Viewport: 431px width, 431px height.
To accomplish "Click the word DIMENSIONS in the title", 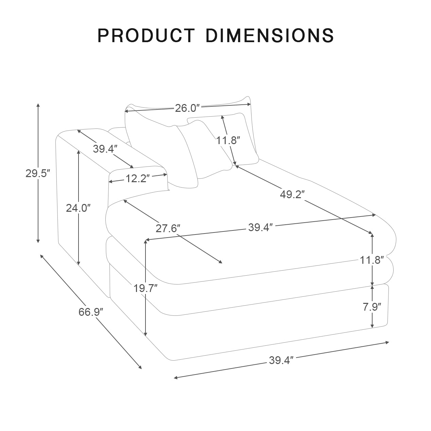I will click(x=270, y=35).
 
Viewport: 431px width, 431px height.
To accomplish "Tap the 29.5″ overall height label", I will click(x=38, y=173).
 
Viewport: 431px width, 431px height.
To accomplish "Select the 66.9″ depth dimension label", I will click(x=91, y=312).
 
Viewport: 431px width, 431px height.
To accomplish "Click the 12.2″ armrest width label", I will click(x=138, y=178).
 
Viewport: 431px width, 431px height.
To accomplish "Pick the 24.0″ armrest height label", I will click(x=78, y=208).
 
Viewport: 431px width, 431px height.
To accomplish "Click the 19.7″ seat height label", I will click(x=145, y=289).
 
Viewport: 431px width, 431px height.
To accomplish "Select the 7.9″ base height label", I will click(x=372, y=307).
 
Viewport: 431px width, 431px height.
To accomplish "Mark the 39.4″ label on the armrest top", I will click(x=105, y=149).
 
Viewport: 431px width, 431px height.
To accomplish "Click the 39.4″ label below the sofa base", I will click(x=281, y=360).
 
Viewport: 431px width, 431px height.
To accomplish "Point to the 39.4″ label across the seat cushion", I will click(x=260, y=227).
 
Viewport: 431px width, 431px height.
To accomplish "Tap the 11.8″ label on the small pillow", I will click(x=228, y=140).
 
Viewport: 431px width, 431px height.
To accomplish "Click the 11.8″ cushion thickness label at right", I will click(x=372, y=260).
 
